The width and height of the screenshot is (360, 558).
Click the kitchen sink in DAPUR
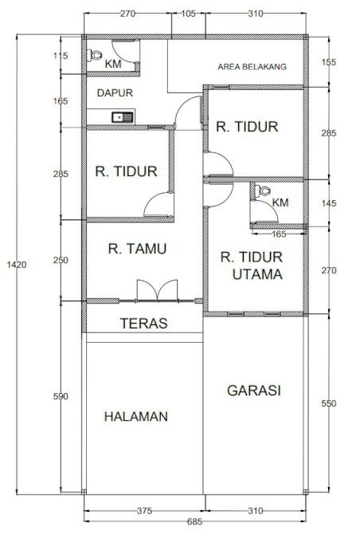pos(123,117)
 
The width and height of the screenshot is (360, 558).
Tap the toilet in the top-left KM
pos(94,55)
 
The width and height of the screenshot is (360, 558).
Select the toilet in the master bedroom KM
pos(263,191)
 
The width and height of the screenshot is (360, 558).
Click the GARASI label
pos(254,391)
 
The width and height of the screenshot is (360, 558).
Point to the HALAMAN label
pos(136,416)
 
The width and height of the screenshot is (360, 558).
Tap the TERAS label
pos(143,323)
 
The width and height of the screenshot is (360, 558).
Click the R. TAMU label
pos(137,249)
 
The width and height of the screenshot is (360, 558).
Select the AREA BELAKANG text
pos(252,66)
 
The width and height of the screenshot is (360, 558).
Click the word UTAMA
pos(257,274)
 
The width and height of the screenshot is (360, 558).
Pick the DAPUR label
pos(115,93)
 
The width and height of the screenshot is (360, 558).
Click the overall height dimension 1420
pos(17,265)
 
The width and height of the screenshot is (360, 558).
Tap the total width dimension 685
pos(194,521)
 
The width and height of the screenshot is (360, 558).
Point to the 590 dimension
pos(61,396)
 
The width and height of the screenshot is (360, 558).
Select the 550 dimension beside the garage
pos(329,403)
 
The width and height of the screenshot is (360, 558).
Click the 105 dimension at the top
pos(188,14)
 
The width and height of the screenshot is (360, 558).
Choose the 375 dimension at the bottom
pos(144,511)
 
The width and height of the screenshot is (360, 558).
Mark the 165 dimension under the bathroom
pos(279,234)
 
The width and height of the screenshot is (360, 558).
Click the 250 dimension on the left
pos(61,260)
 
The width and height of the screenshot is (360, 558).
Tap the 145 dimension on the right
pos(329,203)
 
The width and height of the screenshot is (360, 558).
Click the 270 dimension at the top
pos(127,14)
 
